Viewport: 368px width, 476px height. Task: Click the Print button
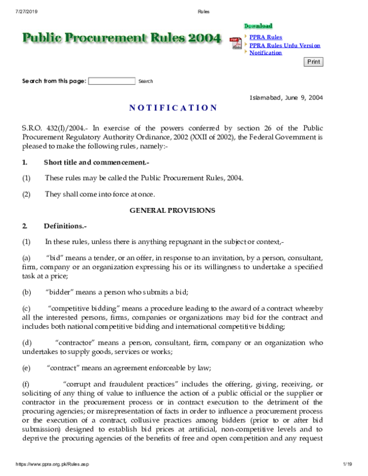[x=313, y=62]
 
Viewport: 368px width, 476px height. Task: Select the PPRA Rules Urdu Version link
[x=285, y=45]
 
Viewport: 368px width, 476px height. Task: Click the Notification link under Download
[x=266, y=53]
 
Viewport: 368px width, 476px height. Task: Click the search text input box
[x=112, y=81]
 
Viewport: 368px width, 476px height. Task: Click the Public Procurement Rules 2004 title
[x=121, y=39]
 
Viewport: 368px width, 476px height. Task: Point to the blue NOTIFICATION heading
[x=173, y=109]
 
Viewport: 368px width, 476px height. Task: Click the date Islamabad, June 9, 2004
[x=286, y=97]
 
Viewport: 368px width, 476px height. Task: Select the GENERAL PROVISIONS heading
[x=172, y=210]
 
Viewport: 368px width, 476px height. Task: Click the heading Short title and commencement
[x=96, y=163]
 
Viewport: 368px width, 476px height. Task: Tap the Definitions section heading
[x=66, y=226]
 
